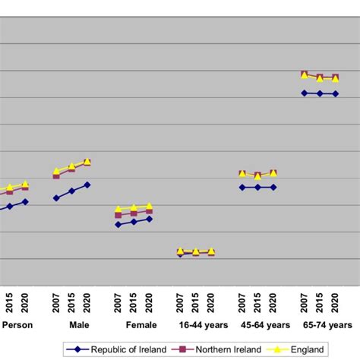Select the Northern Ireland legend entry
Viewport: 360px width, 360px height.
[x=227, y=349]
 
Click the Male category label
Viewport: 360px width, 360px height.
[x=79, y=325]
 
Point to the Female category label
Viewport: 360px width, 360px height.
[x=142, y=325]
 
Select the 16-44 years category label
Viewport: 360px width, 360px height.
[x=203, y=325]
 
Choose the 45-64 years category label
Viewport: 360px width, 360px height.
[x=265, y=325]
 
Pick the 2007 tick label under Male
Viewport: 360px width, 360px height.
[x=56, y=302]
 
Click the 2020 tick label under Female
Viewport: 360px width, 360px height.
[x=149, y=302]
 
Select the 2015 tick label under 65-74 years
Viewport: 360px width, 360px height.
[x=320, y=302]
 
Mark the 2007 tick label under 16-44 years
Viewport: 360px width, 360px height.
[x=180, y=302]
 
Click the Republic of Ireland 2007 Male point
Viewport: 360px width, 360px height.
[x=56, y=198]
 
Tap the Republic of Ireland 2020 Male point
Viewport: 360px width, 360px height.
[x=87, y=185]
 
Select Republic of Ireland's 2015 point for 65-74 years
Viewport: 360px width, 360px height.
[x=320, y=93]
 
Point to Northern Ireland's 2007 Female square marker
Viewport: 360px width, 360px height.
[x=118, y=216]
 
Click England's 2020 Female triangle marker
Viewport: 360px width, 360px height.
[x=149, y=206]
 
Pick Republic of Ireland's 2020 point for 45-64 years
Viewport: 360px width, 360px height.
[x=273, y=187]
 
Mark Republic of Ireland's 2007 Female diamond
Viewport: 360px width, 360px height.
[x=118, y=225]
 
